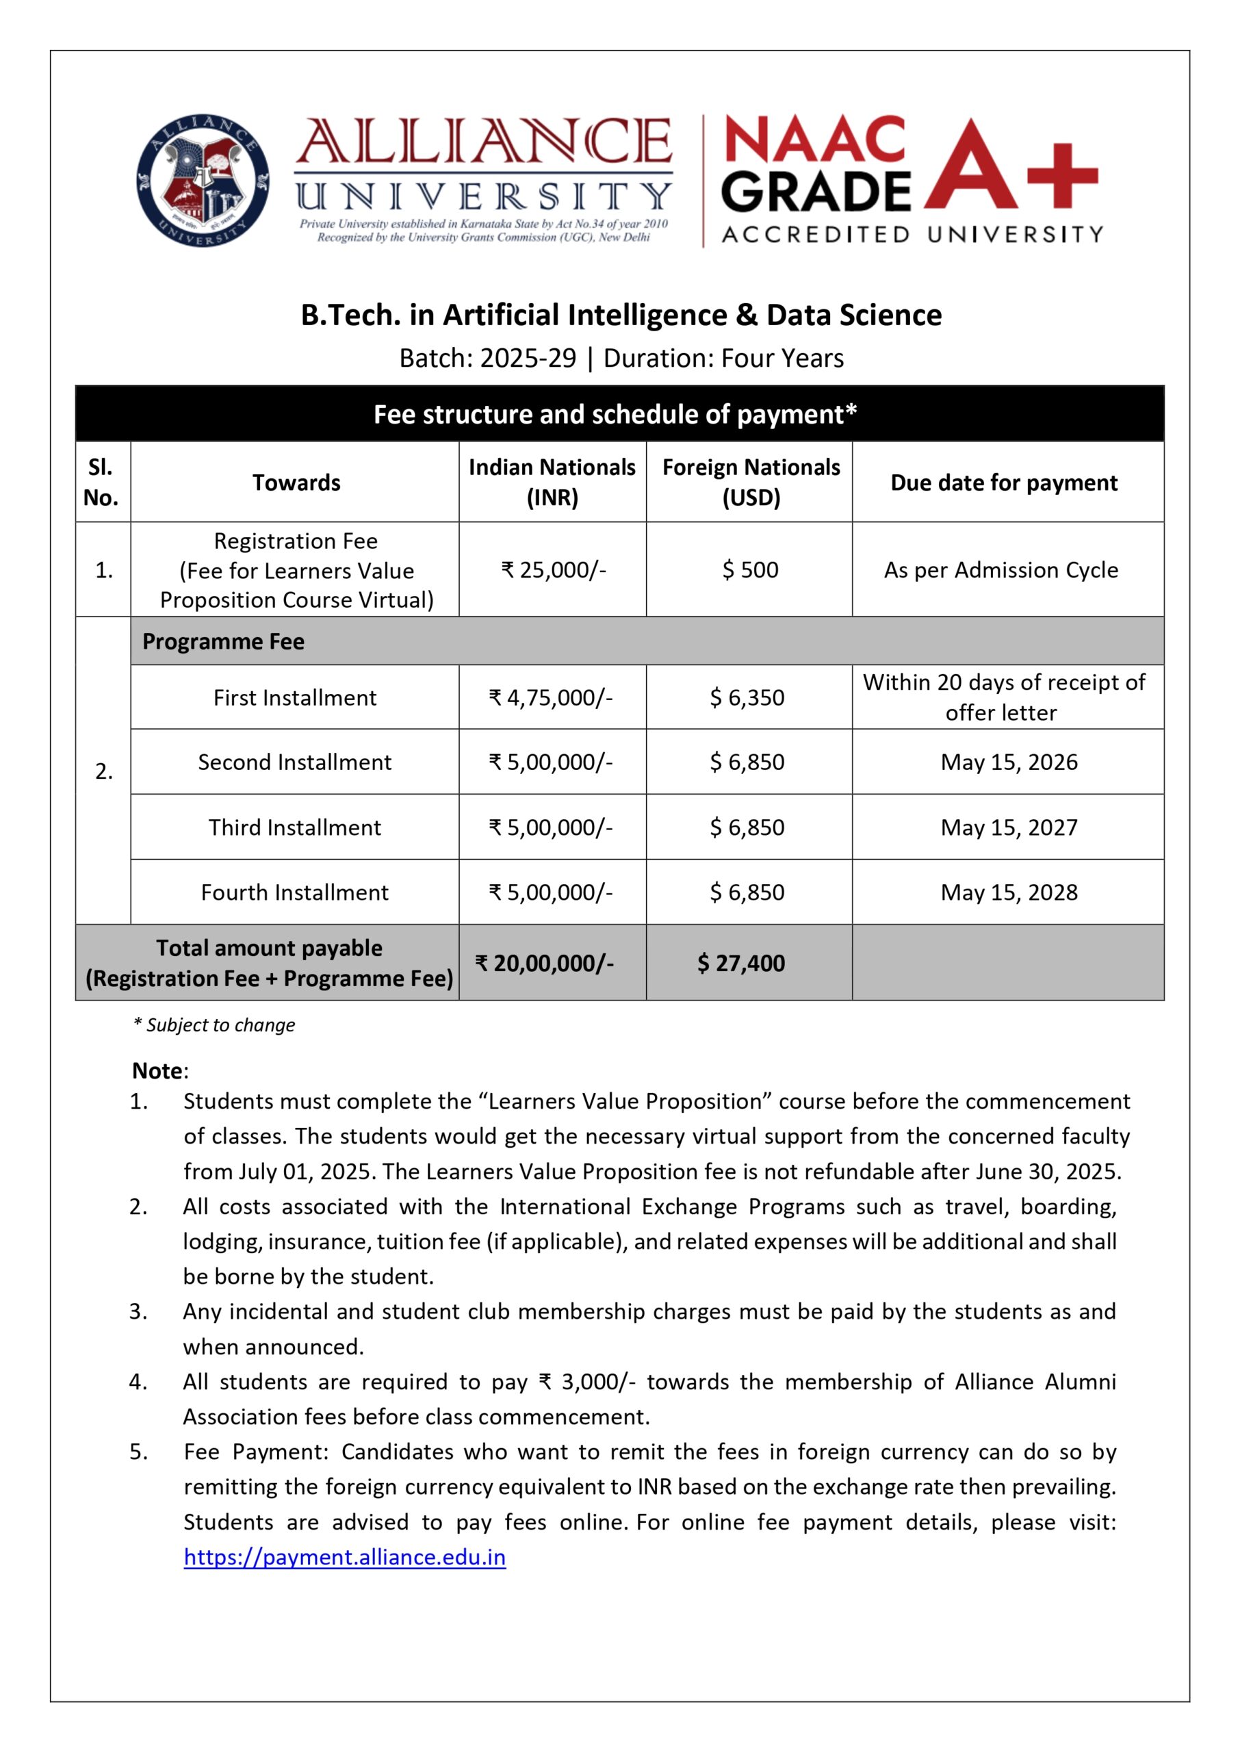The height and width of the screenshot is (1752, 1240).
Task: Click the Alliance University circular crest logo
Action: point(203,181)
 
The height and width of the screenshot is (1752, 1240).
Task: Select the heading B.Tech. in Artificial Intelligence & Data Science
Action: point(621,315)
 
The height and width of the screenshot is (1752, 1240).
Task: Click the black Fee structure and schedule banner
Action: point(619,414)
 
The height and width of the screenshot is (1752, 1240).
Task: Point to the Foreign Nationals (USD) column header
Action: point(751,482)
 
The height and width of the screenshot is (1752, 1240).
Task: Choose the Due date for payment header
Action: point(1003,482)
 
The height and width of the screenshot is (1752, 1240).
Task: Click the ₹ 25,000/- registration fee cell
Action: point(553,569)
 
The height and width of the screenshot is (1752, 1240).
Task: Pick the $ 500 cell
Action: point(750,569)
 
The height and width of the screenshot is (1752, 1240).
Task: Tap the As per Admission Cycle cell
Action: point(1000,569)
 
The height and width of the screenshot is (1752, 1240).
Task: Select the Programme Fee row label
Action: point(223,641)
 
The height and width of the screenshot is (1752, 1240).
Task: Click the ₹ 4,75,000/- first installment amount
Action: point(550,697)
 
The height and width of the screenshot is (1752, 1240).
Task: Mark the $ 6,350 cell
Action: point(747,697)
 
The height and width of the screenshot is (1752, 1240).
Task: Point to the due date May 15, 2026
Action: point(1008,762)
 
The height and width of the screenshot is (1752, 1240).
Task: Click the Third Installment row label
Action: point(295,827)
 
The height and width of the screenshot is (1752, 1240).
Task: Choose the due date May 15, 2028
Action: point(1008,892)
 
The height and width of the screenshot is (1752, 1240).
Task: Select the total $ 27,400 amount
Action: point(740,964)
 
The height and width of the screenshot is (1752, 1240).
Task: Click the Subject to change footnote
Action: point(215,1025)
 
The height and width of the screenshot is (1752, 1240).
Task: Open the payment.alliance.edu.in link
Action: point(344,1558)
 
